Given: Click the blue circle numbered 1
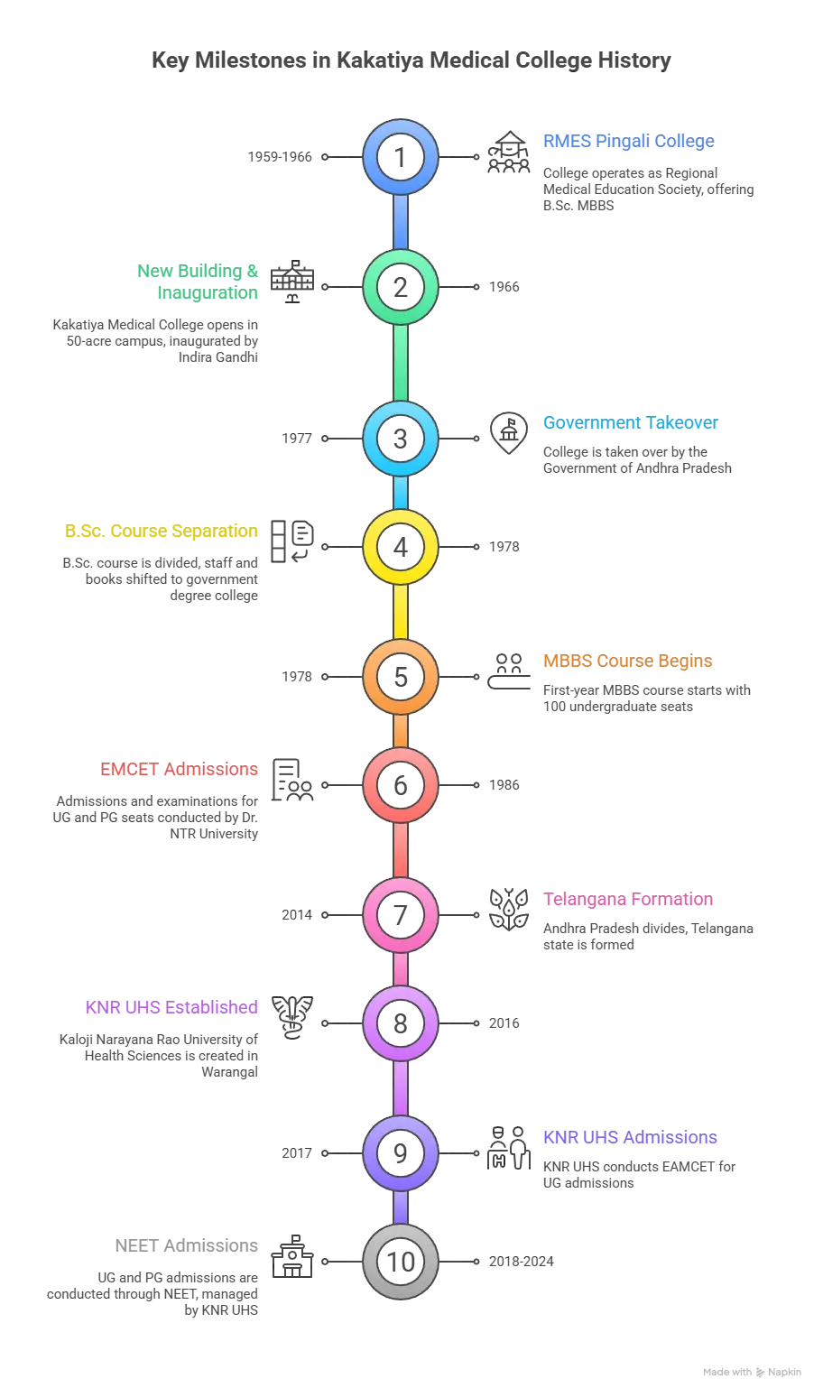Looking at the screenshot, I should pos(401,158).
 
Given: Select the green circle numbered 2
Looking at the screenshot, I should pos(401,288).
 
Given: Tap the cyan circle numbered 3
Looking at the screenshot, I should pos(401,439).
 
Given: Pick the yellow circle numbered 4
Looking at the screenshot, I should pos(401,547).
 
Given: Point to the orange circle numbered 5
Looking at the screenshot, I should pos(401,677).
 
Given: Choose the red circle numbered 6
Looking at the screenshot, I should pos(401,785).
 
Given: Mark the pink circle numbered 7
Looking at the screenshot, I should pos(401,915).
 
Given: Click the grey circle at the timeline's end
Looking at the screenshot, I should pos(401,1262).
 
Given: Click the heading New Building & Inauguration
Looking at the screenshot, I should pos(198,281).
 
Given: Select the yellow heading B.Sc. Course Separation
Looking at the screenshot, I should pos(162,532).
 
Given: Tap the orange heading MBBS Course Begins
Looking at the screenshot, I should pos(627,661).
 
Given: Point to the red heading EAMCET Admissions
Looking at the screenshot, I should pos(180,770).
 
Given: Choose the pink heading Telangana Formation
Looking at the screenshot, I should pos(627,900).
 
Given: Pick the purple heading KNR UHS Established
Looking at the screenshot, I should pos(171,1008).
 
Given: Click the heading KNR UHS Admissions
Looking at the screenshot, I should pos(631,1138).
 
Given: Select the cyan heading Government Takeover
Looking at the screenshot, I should pos(631,423).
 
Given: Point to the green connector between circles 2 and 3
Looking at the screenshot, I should pos(401,364).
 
